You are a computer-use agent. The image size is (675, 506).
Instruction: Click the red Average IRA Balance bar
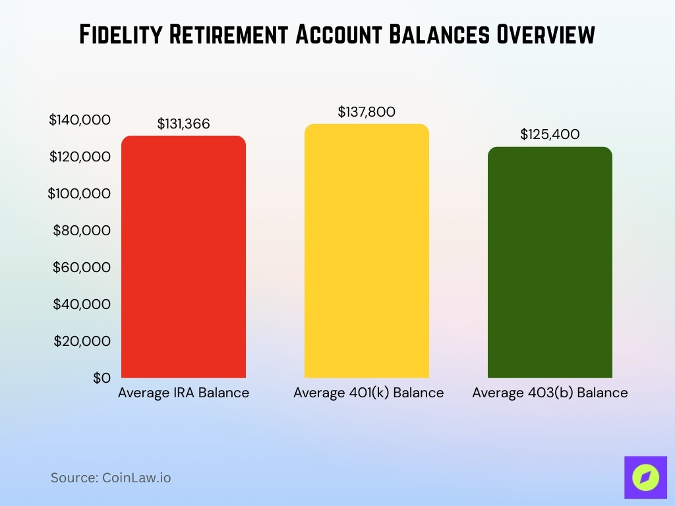[x=183, y=257]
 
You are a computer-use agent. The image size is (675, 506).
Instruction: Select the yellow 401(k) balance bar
[x=367, y=251]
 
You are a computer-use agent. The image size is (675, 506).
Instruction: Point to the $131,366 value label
[x=183, y=123]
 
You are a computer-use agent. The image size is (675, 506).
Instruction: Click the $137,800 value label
[x=367, y=112]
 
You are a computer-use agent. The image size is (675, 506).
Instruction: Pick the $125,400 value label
[x=550, y=134]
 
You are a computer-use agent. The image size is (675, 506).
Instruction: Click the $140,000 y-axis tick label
[x=80, y=120]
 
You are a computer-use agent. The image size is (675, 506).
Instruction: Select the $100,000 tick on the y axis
[x=80, y=194]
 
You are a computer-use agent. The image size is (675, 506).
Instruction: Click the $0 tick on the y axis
[x=101, y=378]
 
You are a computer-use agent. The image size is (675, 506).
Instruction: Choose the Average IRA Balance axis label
[x=183, y=393]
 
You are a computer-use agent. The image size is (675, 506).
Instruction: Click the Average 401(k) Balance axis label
[x=368, y=393]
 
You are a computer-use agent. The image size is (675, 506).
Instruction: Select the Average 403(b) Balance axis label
[x=550, y=393]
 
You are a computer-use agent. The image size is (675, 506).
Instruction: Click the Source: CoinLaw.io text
[x=111, y=478]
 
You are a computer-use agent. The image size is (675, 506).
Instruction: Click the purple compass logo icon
[x=645, y=477]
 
